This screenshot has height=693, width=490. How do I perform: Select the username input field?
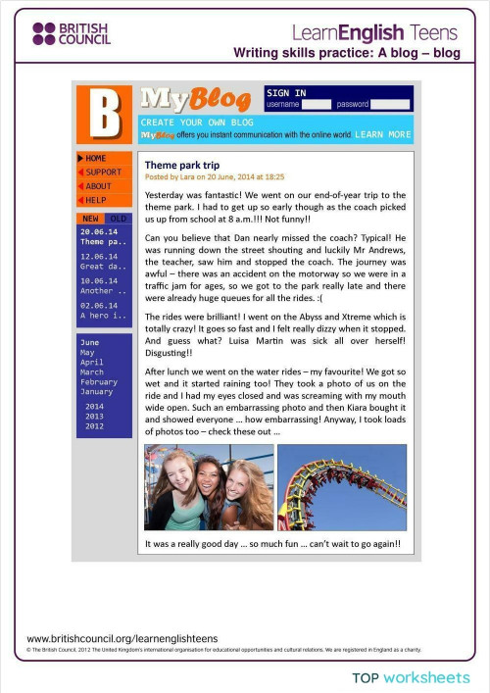(x=317, y=104)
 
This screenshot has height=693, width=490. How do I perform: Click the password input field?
(x=390, y=104)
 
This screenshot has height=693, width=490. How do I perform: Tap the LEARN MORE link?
(x=383, y=134)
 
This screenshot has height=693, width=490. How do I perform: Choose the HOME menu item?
(x=96, y=158)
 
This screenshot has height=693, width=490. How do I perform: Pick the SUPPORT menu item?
(x=103, y=172)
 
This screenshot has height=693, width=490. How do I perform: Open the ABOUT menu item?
(x=98, y=185)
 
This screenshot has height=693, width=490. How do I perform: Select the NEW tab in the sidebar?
(x=91, y=218)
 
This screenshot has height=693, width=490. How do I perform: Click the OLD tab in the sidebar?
(x=117, y=218)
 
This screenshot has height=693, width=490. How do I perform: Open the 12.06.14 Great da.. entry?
(x=103, y=261)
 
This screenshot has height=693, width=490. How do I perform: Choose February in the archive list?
(x=98, y=382)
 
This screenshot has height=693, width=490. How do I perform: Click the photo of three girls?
(x=209, y=487)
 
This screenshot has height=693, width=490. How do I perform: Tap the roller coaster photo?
(x=342, y=487)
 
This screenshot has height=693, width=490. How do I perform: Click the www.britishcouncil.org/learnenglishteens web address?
(x=122, y=637)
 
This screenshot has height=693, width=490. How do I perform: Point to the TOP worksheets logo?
(x=412, y=677)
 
